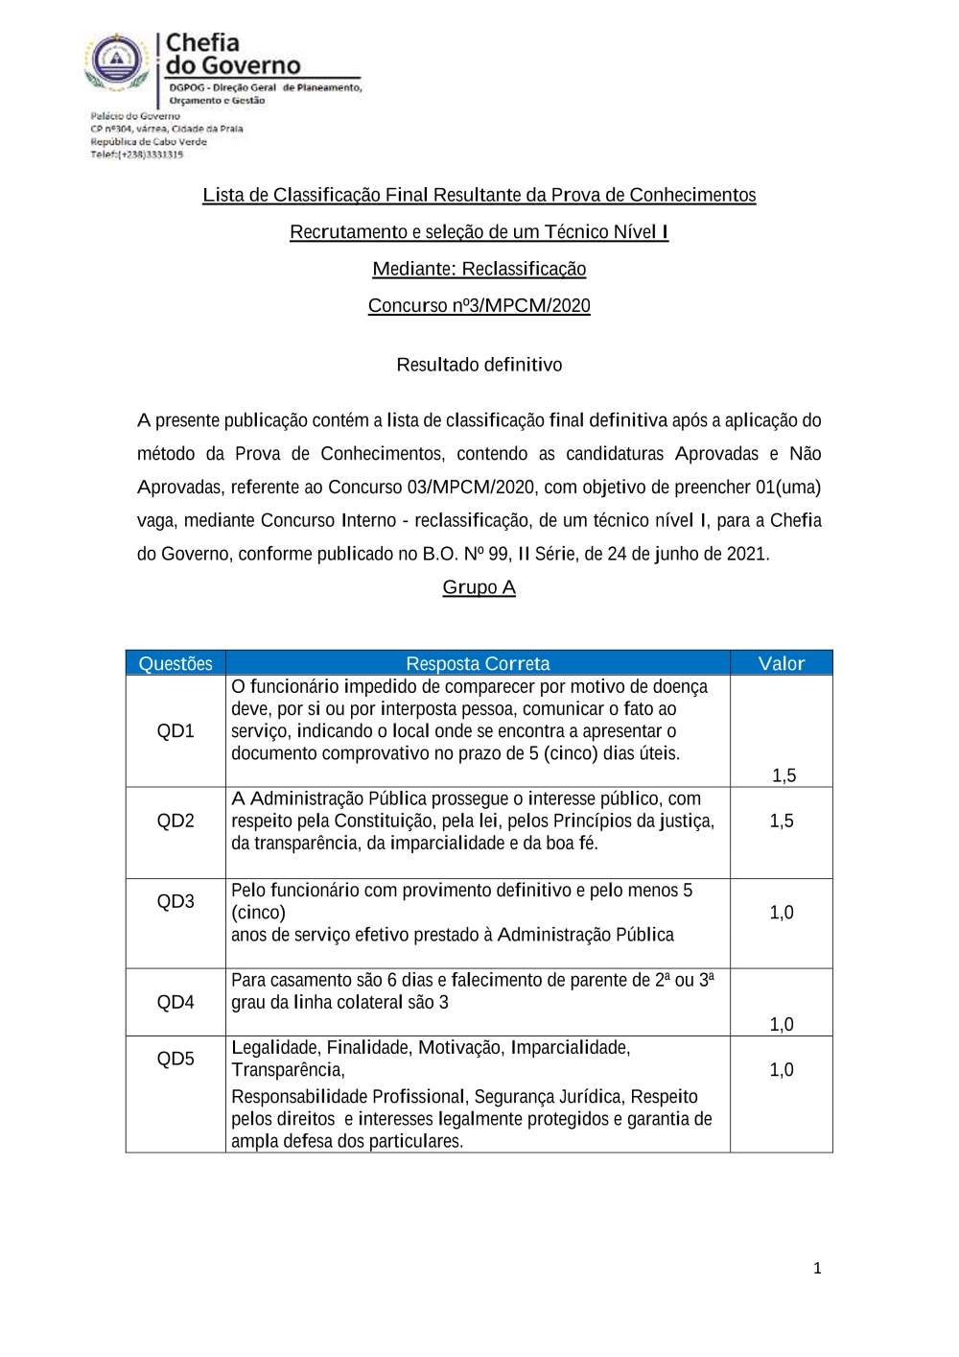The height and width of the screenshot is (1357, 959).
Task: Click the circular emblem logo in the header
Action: [x=117, y=61]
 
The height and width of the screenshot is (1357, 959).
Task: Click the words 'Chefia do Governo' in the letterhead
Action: [x=232, y=55]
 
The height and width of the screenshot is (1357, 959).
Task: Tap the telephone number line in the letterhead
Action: [x=137, y=155]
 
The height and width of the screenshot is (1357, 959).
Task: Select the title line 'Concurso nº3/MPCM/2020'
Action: [x=479, y=306]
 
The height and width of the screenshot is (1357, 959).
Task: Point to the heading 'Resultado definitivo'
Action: [x=479, y=365]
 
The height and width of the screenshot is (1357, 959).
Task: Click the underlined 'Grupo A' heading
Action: [x=479, y=587]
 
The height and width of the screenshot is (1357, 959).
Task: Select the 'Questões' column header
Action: [x=175, y=664]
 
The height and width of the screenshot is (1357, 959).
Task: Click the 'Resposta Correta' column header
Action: [x=478, y=664]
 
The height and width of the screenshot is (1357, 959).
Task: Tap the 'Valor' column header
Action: [x=781, y=664]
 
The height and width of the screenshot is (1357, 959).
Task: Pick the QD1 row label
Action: [x=175, y=731]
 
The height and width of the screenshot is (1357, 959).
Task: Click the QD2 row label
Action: [x=175, y=821]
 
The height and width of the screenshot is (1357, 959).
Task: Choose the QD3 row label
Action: [x=175, y=901]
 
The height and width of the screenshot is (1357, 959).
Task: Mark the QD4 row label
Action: [x=175, y=1002]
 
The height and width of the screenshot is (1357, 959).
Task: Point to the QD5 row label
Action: [x=175, y=1059]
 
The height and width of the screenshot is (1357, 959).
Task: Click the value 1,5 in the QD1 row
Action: [x=784, y=775]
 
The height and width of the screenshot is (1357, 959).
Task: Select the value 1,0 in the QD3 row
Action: [x=781, y=913]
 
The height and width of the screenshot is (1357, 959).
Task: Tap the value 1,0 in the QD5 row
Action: [x=781, y=1070]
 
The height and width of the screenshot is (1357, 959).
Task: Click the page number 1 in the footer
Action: [x=817, y=1269]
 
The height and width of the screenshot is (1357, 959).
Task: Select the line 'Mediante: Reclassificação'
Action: [x=479, y=270]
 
